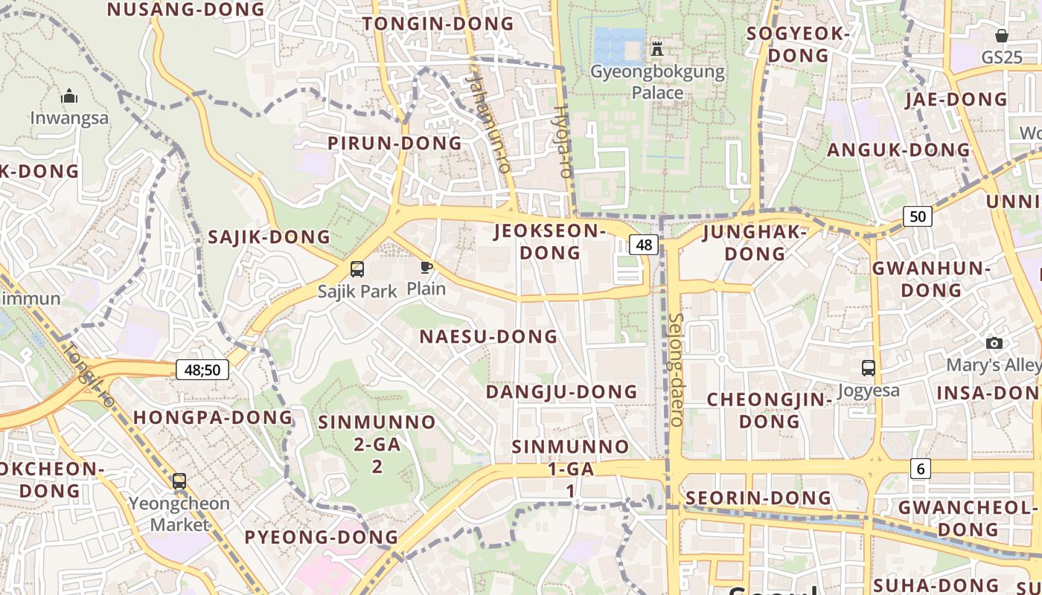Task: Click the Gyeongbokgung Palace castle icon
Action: pos(657,49)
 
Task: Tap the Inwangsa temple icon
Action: pos(69,96)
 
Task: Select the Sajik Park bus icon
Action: pos(357,269)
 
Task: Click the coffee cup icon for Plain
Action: pos(426,267)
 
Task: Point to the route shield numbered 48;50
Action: pos(202,369)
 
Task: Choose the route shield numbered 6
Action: pos(921,469)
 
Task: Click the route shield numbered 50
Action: pos(918,216)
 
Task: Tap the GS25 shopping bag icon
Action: pos(1002,36)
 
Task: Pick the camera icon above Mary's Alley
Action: pos(994,343)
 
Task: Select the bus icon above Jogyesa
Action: pos(868,367)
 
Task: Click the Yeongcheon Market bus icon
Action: pos(179,481)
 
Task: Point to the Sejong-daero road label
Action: pos(676,369)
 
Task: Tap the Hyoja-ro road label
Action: pos(562,141)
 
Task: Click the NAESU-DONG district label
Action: pos(488,336)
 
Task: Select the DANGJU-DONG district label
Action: pos(562,391)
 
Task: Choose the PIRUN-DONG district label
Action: pos(395,143)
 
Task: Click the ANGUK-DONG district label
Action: pos(899,149)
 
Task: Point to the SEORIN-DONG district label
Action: pos(758,498)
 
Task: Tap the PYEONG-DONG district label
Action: pos(322,536)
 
